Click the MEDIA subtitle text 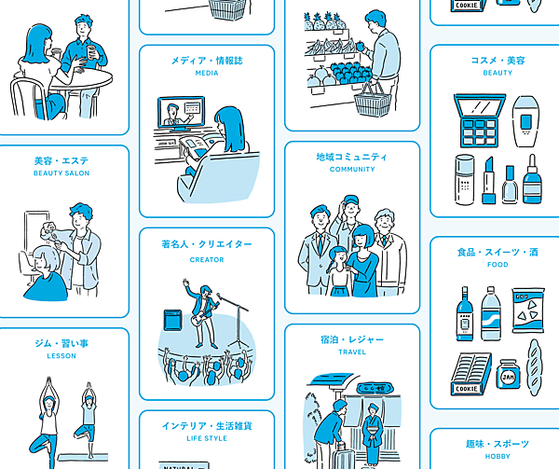tap(207, 73)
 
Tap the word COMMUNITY tap(352, 170)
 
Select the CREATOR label tap(207, 259)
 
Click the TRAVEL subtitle tap(352, 352)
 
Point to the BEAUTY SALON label tap(61, 173)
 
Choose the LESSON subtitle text tap(61, 356)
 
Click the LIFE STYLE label tap(207, 438)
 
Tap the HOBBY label tap(498, 456)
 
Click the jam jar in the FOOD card tap(508, 374)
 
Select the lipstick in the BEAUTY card tap(489, 181)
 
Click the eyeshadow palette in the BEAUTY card tap(480, 120)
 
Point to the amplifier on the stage tap(173, 320)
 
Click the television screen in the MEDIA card tap(182, 112)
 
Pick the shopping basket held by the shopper tap(373, 100)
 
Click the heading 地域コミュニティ tap(352, 157)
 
